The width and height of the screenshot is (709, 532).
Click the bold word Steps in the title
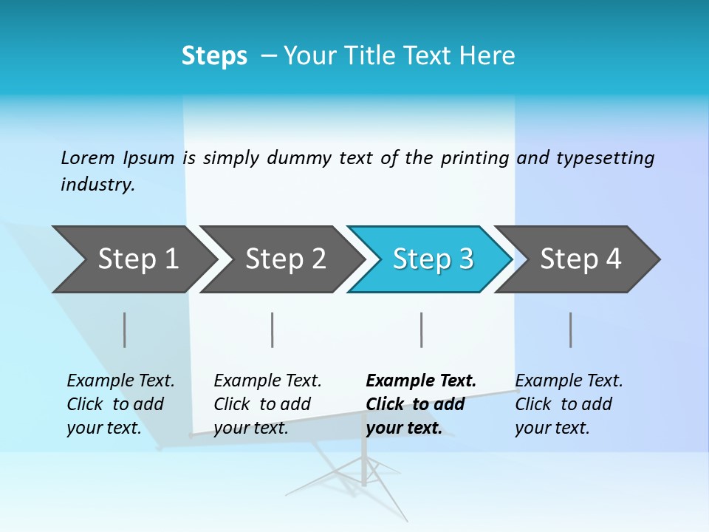[214, 56]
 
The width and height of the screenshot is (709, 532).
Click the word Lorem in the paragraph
[87, 157]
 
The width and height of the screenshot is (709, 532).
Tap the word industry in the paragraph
[97, 185]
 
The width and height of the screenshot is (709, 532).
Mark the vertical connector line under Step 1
[124, 330]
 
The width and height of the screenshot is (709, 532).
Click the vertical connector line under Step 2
[273, 330]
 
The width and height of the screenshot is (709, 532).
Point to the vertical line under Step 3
[421, 330]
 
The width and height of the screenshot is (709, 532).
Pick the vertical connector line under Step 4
[570, 330]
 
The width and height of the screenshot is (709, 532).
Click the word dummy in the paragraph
[301, 158]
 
